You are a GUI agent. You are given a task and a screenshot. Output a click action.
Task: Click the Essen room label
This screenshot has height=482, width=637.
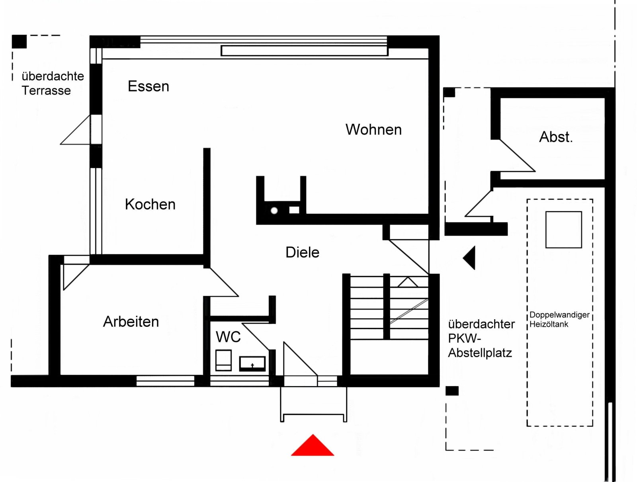pyautogui.click(x=148, y=86)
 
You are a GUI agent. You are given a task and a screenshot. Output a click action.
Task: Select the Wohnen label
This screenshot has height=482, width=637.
pyautogui.click(x=373, y=129)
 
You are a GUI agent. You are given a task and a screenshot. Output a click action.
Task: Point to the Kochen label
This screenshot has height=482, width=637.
pyautogui.click(x=150, y=204)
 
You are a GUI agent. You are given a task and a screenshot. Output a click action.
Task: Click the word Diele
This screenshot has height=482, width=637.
pyautogui.click(x=302, y=252)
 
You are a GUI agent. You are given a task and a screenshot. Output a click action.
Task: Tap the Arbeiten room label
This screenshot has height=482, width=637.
pyautogui.click(x=131, y=322)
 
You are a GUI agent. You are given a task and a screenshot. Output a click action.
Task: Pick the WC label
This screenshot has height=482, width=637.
pyautogui.click(x=228, y=337)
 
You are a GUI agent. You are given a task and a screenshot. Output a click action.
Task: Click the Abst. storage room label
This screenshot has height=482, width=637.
pyautogui.click(x=556, y=137)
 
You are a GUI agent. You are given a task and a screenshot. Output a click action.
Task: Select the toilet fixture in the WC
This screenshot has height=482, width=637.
pyautogui.click(x=223, y=360)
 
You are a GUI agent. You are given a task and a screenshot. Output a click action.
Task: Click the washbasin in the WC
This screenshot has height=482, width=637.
pyautogui.click(x=252, y=363)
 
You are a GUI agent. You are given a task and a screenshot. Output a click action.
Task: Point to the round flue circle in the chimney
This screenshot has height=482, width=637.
pyautogui.click(x=274, y=211)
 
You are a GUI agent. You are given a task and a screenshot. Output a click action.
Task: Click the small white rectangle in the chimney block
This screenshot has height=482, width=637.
pyautogui.click(x=294, y=210)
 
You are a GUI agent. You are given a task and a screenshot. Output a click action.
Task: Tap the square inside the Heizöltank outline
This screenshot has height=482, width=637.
pyautogui.click(x=563, y=230)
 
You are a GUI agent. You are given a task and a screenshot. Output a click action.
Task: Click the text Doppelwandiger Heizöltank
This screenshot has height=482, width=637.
pyautogui.click(x=559, y=319)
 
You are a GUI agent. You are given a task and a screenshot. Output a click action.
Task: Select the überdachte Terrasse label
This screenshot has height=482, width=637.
pyautogui.click(x=53, y=83)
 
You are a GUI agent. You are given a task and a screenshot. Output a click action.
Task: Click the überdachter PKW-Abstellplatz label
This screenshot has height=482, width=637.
pyautogui.click(x=481, y=338)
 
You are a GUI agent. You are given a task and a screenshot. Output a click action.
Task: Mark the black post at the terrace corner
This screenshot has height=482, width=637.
pyautogui.click(x=19, y=41)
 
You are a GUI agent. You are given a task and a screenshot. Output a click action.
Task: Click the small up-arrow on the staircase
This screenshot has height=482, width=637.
pyautogui.click(x=408, y=282)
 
